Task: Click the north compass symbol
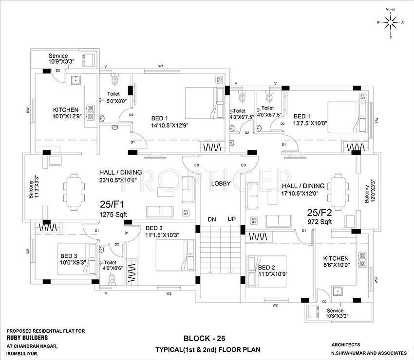tap(390, 22)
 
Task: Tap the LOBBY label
tap(220, 183)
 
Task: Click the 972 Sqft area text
tap(320, 221)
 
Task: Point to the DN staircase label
tap(211, 219)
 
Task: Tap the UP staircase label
tap(231, 219)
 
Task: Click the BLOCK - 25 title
tap(204, 338)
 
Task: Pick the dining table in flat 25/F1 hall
tap(75, 185)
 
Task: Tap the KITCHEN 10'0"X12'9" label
tap(67, 113)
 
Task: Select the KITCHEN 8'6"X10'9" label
tap(336, 262)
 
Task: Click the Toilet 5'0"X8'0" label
tap(117, 98)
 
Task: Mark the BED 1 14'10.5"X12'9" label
tap(169, 122)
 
